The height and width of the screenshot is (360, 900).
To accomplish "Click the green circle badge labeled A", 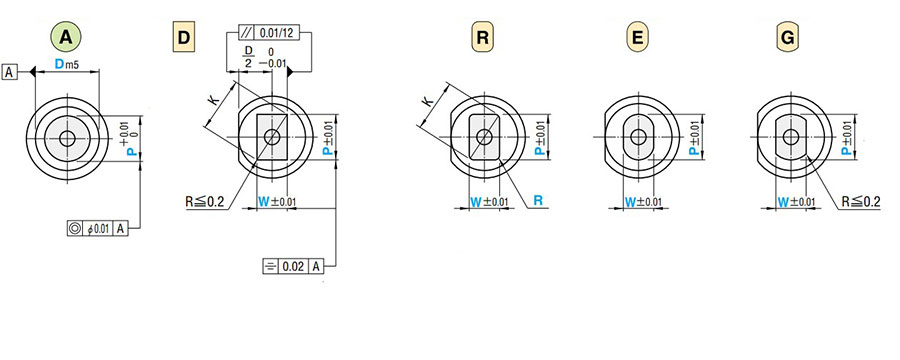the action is pyautogui.click(x=66, y=37).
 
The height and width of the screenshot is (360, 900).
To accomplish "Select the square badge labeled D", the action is pyautogui.click(x=183, y=38).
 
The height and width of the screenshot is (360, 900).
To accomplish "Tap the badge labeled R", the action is pyautogui.click(x=483, y=38).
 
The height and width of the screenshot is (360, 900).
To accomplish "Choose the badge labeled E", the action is pyautogui.click(x=637, y=38).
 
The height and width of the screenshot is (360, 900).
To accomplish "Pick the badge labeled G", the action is pyautogui.click(x=788, y=38).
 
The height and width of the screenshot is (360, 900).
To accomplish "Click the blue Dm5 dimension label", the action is pyautogui.click(x=67, y=65).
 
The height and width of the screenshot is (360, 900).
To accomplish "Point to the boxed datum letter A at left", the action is pyautogui.click(x=9, y=72).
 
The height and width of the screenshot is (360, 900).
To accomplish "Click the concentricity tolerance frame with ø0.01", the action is pyautogui.click(x=97, y=229).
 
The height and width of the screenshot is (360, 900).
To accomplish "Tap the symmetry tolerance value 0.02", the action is pyautogui.click(x=293, y=266).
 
